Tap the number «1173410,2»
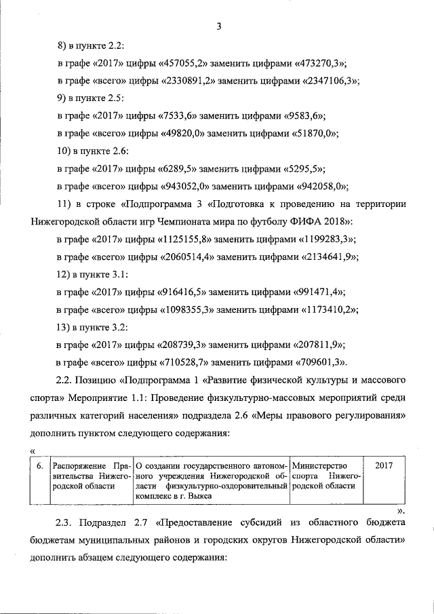pyautogui.click(x=328, y=310)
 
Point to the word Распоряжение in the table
pyautogui.click(x=79, y=466)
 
